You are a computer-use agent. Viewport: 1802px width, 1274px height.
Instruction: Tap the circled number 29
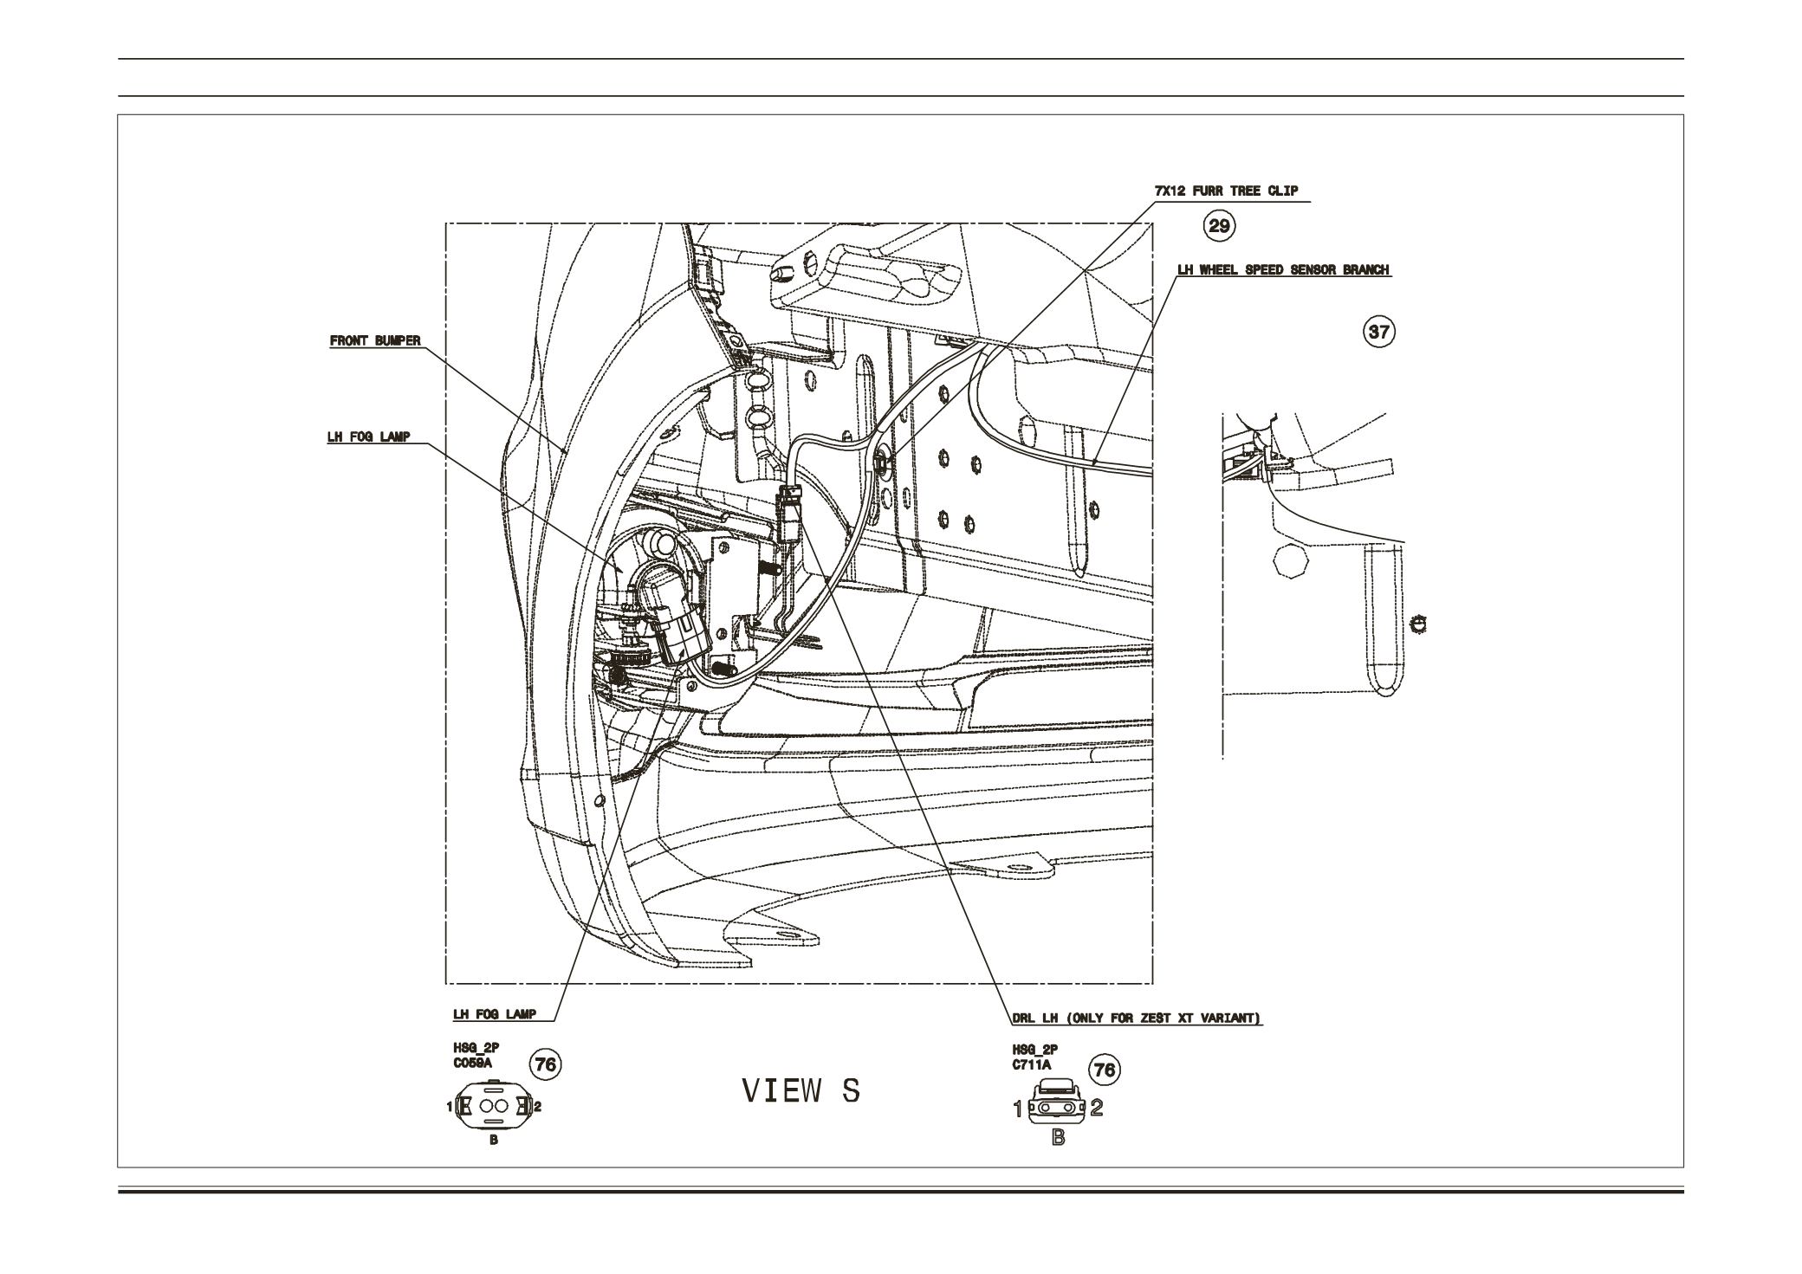point(1219,226)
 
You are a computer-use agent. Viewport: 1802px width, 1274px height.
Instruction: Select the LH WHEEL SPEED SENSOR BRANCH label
point(1284,269)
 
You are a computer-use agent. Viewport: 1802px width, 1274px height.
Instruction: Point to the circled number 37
point(1379,332)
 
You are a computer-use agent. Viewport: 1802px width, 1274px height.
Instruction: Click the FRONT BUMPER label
point(375,341)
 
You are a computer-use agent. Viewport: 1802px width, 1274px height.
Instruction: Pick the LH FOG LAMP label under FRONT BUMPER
point(368,437)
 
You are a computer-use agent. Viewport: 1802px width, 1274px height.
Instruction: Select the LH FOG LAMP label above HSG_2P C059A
point(495,1013)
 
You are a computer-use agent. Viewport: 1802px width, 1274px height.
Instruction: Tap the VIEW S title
point(801,1091)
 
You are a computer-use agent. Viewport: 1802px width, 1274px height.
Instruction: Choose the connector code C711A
point(1031,1066)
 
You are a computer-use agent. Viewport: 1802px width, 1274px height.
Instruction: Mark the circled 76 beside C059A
point(546,1064)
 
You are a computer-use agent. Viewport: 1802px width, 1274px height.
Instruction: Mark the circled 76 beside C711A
point(1105,1070)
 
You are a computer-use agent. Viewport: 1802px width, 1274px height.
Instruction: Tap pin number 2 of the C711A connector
point(1097,1108)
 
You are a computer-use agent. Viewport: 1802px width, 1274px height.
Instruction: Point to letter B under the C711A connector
point(1058,1137)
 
